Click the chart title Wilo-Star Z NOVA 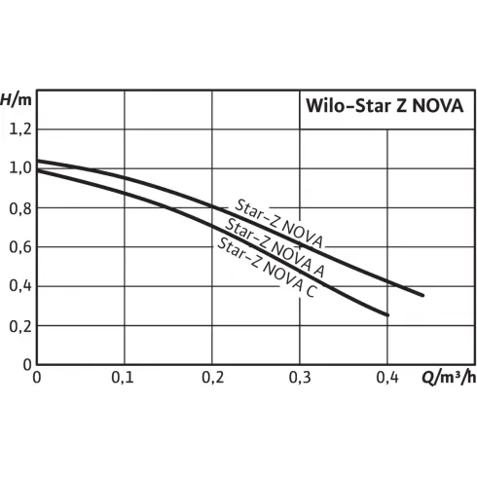(386, 104)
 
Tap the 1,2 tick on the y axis (19, 128)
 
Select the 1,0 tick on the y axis (19, 167)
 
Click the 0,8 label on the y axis (19, 207)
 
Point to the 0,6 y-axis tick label (19, 246)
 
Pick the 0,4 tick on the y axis (19, 286)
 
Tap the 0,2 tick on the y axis (19, 325)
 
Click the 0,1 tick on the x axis (124, 377)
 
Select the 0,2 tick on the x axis (211, 377)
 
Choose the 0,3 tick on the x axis (299, 377)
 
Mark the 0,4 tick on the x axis (386, 377)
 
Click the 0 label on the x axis (37, 377)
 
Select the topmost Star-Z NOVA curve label (278, 223)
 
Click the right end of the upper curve (422, 294)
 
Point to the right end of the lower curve (388, 314)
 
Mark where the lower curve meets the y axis (37, 170)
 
